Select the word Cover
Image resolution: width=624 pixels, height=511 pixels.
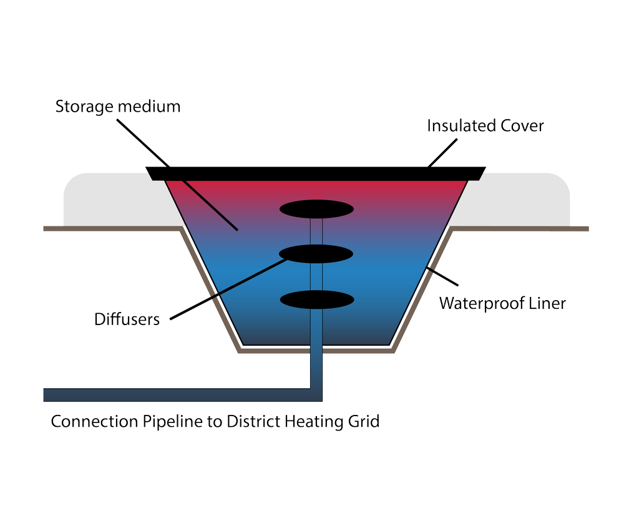point(522,126)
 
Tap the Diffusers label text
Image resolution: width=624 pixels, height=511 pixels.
point(127,319)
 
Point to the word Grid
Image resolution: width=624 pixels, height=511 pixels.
point(361,422)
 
